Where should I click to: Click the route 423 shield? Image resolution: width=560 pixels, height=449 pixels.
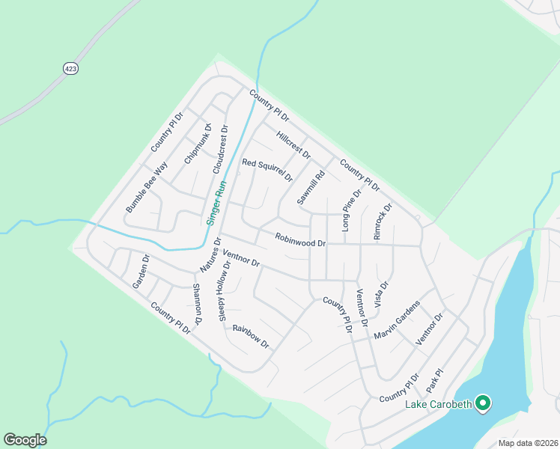[70, 68]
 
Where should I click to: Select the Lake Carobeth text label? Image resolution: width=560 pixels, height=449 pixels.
[439, 405]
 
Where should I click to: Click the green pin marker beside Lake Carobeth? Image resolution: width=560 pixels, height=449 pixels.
[483, 404]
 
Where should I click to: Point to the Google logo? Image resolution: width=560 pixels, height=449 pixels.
[25, 440]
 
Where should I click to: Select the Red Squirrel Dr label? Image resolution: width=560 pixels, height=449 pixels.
[267, 171]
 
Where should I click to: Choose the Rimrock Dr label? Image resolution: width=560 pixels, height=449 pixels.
[383, 222]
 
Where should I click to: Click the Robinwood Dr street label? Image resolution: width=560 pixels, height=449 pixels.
[300, 241]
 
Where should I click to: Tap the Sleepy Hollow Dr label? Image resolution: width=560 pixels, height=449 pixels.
[225, 292]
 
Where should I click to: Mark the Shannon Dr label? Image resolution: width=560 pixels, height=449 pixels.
[198, 304]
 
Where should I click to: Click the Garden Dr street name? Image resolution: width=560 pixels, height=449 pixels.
[141, 272]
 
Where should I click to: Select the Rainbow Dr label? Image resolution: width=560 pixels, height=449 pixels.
[250, 338]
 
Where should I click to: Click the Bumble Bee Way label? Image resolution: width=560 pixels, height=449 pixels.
[146, 187]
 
